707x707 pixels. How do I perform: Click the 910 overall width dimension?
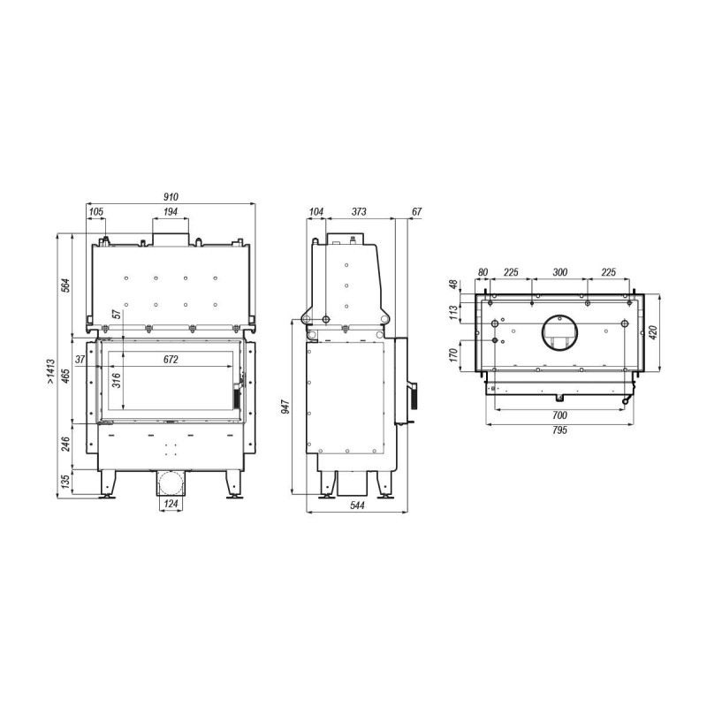point(171,196)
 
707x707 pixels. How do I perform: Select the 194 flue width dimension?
point(171,211)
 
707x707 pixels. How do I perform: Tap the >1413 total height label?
point(50,371)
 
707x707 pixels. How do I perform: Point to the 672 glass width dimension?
point(171,360)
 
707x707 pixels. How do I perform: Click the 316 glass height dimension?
point(117,381)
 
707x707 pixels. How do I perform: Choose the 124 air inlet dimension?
point(171,504)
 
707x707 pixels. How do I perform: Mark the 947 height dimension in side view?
point(285,407)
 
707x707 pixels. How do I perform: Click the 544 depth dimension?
point(357,506)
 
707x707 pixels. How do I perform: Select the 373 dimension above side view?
point(359,211)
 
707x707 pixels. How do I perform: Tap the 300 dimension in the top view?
point(560,272)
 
